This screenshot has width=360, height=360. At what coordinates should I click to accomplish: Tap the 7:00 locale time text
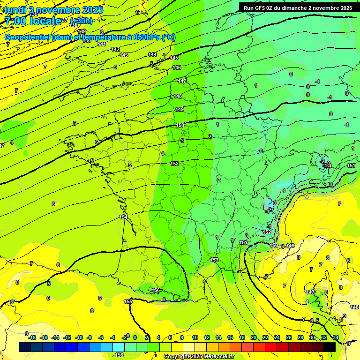pos(32,21)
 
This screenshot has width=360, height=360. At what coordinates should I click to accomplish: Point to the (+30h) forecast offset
pos(81,21)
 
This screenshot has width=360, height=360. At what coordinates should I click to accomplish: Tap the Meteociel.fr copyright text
pos(200,357)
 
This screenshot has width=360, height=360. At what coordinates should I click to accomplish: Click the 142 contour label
pos(115,49)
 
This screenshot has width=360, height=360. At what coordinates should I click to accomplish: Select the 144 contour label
pos(152,54)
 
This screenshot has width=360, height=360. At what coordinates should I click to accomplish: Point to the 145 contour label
pos(174,58)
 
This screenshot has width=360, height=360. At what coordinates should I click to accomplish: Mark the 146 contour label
pos(177,68)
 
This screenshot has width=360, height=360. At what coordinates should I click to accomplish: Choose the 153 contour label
pos(214,260)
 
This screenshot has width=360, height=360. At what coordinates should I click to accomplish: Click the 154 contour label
pos(123,217)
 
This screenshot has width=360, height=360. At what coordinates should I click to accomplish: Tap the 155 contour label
pos(127,301)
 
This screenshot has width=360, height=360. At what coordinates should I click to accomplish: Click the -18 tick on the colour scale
pos(31,337)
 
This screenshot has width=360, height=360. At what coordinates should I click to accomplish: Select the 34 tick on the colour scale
pos(335,337)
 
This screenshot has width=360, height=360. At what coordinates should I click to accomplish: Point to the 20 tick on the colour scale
pos(253,337)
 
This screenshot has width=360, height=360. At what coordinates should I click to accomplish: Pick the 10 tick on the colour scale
pos(195,337)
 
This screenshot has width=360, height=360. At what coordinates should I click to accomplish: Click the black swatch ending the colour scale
pos(330,347)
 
